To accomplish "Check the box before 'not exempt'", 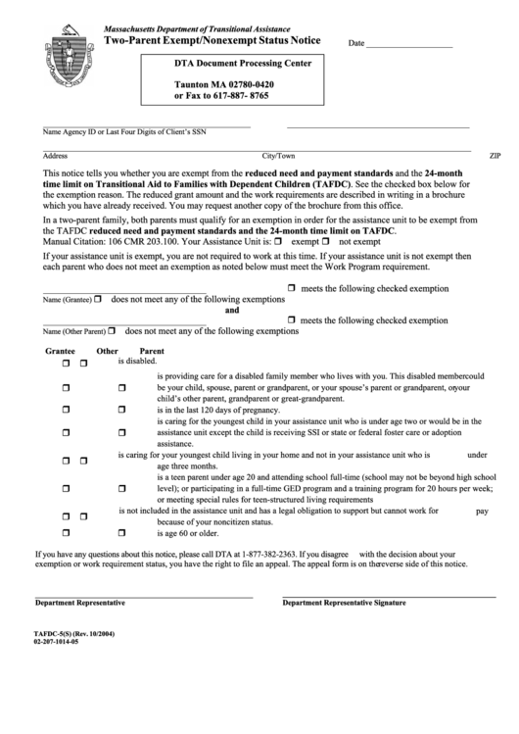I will (331, 240).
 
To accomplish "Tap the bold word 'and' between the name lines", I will (233, 309).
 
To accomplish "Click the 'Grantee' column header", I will (60, 351).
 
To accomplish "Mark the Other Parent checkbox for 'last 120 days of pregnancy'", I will (122, 411).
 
